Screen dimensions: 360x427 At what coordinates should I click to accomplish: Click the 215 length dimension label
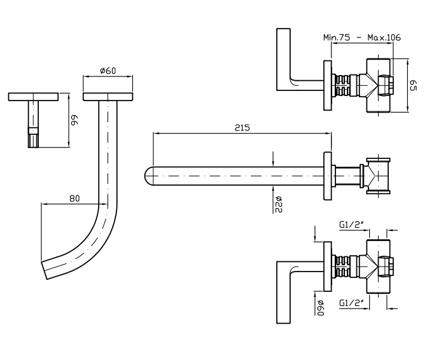[241, 127]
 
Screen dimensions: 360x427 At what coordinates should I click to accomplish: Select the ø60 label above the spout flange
[108, 71]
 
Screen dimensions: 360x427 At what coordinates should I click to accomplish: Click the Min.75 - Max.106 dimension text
[361, 38]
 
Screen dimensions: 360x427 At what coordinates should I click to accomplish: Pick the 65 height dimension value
[412, 85]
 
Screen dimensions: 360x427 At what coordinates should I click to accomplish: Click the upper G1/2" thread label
[351, 224]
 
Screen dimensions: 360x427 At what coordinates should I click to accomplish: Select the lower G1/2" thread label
[351, 302]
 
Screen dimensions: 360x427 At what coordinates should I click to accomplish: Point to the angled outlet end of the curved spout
[45, 270]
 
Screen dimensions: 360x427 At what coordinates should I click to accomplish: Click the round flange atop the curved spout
[108, 97]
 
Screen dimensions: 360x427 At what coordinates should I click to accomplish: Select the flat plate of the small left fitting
[34, 97]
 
